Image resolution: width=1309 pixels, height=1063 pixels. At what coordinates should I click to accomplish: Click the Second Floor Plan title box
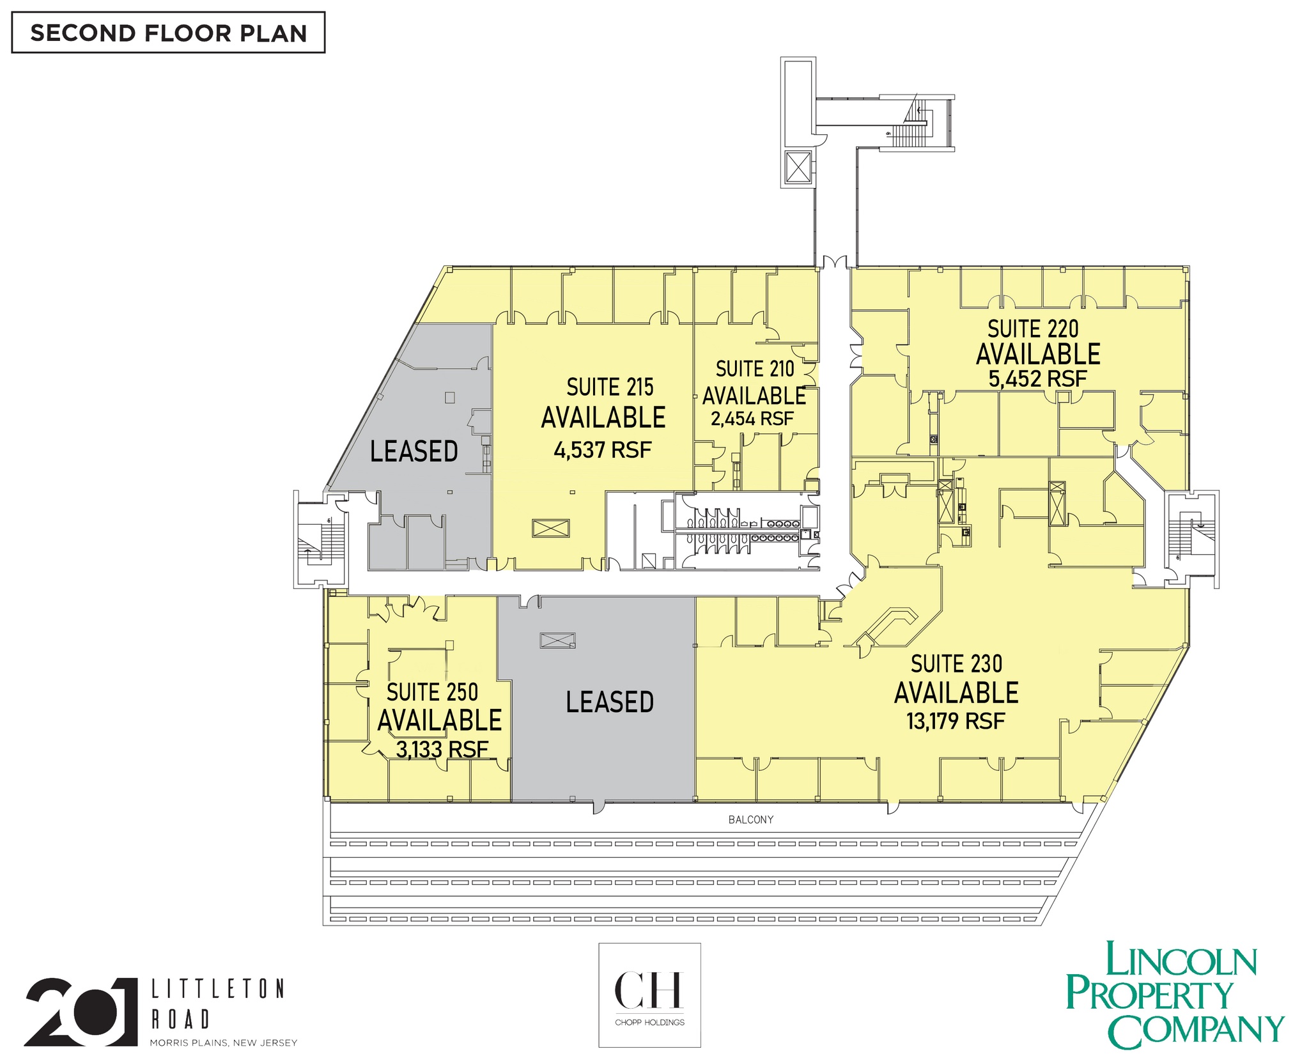click(168, 33)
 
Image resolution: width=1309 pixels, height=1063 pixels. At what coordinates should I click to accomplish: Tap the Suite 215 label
click(610, 387)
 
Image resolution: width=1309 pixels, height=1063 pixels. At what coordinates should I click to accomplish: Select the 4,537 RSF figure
click(602, 450)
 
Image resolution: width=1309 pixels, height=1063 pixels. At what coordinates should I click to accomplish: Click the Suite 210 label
click(755, 369)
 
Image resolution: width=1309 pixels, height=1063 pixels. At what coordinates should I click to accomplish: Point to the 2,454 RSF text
click(752, 419)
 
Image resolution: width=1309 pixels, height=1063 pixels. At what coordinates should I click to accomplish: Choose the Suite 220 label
click(1033, 329)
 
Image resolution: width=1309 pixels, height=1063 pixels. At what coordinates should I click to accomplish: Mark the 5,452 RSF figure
click(1037, 379)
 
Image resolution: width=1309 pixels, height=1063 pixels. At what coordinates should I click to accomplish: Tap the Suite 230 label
click(956, 664)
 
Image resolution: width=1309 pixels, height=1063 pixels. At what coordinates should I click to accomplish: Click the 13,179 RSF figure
click(956, 722)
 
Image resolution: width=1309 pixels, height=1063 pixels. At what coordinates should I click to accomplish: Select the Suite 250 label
click(432, 692)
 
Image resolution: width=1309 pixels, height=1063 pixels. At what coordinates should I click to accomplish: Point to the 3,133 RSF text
click(442, 749)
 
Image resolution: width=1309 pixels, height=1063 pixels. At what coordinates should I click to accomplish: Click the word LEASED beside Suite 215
click(414, 452)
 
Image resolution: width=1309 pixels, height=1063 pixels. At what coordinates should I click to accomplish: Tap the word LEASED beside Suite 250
click(610, 702)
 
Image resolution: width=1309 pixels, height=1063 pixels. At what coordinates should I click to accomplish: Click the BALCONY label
click(751, 819)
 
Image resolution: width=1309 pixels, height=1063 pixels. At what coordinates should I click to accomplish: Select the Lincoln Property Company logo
click(1175, 995)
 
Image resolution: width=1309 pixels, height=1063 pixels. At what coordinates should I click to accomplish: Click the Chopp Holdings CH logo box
click(649, 995)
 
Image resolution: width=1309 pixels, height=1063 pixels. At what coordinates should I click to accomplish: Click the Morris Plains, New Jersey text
click(224, 1043)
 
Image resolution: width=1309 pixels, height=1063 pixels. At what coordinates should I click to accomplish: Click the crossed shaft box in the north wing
click(798, 167)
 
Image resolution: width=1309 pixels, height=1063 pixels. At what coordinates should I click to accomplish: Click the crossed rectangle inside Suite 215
click(550, 528)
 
